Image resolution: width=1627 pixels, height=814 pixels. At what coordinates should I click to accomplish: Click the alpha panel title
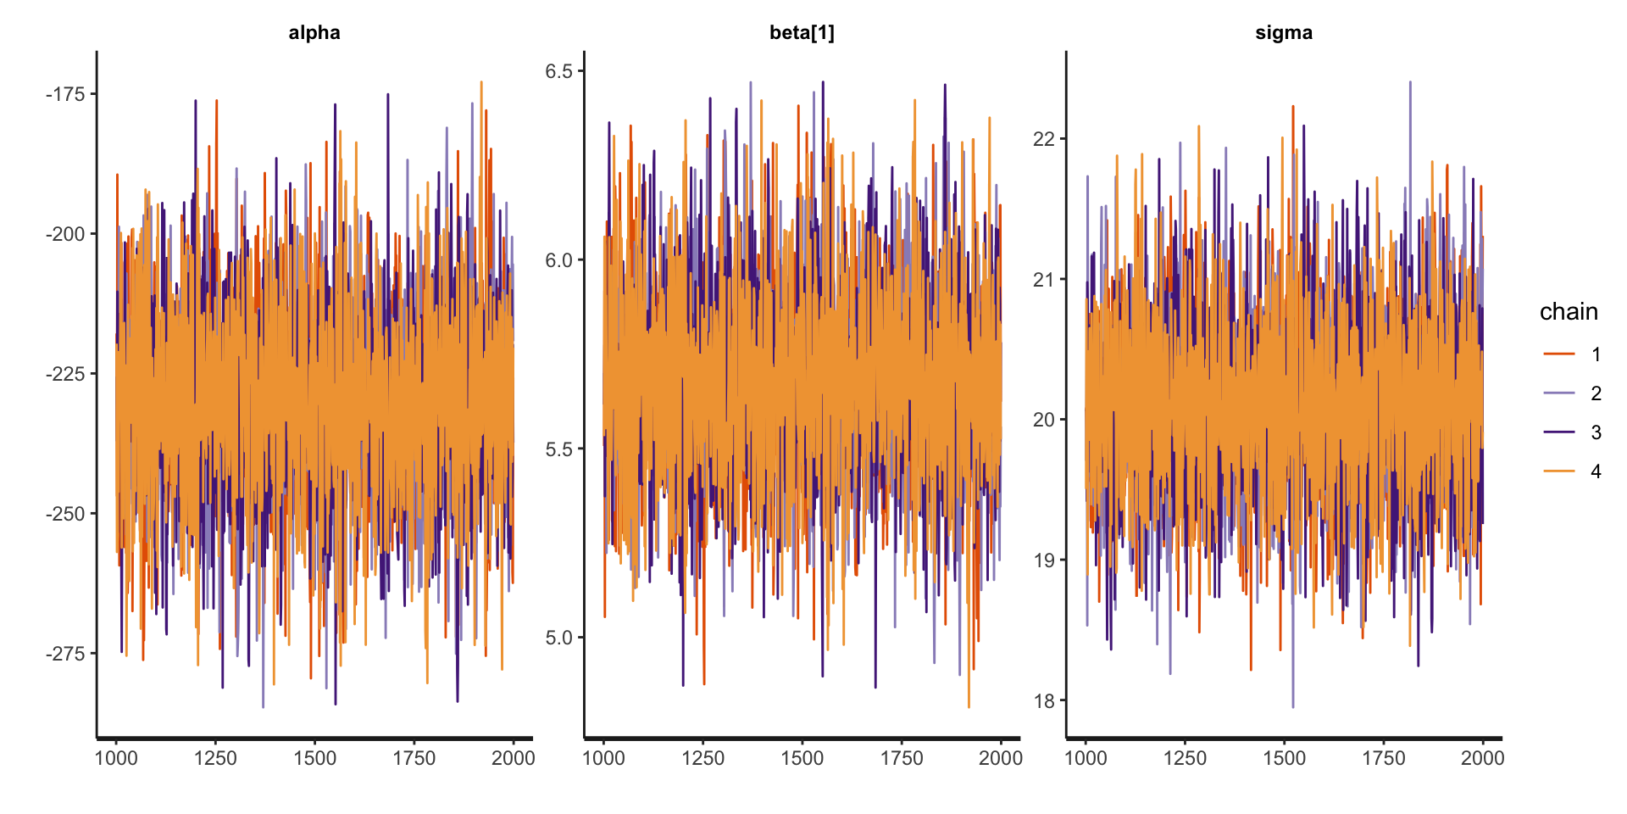(314, 33)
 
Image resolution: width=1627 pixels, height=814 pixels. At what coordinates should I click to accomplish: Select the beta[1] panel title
(802, 33)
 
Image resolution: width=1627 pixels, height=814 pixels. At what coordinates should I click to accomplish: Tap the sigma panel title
(1284, 33)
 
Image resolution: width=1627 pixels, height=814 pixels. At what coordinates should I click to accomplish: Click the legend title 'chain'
(1569, 312)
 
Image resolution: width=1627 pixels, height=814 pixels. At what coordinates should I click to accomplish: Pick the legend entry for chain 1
(1573, 354)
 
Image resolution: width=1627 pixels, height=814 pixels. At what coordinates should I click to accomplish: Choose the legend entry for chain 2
(1573, 393)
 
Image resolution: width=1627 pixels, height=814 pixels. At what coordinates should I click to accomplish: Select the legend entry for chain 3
(1573, 432)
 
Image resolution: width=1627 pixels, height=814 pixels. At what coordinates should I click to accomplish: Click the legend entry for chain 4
(1573, 471)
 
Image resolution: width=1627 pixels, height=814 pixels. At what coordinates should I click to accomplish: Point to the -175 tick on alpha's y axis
(65, 94)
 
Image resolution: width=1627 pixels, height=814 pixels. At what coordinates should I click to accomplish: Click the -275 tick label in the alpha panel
(65, 654)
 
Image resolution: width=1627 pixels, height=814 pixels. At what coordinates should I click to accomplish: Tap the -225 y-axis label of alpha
(65, 374)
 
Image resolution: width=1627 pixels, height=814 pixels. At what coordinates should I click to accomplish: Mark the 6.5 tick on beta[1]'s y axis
(559, 71)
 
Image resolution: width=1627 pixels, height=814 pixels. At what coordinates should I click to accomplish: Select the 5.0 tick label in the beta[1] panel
(559, 638)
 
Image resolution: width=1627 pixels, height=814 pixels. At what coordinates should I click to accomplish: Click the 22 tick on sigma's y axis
(1044, 139)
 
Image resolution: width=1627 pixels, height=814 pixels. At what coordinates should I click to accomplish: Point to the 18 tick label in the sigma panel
(1044, 701)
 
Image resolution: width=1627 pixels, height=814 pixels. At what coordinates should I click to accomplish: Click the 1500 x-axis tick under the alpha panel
(314, 758)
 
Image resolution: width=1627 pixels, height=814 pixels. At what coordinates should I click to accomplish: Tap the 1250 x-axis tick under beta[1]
(702, 758)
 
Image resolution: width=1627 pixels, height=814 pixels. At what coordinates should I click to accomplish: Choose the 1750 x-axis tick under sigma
(1384, 758)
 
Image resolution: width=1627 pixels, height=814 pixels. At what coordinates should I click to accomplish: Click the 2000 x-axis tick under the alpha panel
(513, 758)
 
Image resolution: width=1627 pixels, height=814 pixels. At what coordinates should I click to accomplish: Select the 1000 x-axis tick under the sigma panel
(1086, 758)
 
